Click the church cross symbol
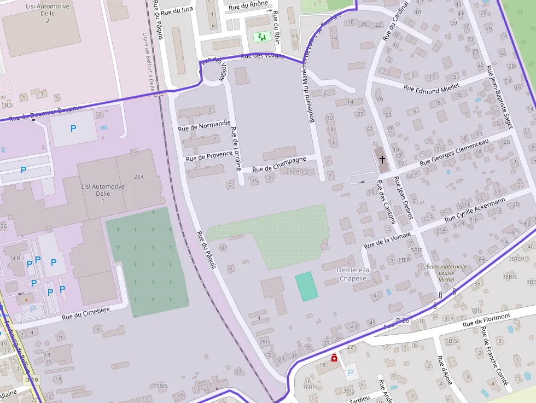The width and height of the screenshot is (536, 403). (382, 160)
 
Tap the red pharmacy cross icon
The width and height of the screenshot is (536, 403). (334, 358)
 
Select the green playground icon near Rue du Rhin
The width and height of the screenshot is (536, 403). (262, 37)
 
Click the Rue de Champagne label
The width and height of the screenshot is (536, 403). (279, 165)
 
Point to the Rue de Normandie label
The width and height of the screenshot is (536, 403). (204, 126)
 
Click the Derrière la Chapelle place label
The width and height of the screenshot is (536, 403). (353, 274)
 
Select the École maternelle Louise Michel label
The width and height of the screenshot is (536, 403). (446, 273)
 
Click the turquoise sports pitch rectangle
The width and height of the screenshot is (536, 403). (306, 286)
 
